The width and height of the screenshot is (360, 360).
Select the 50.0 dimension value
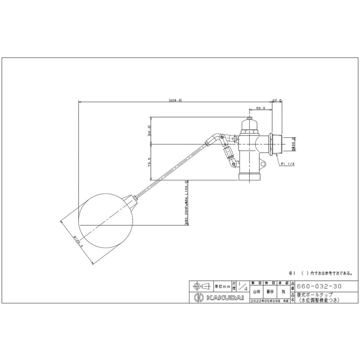[260, 108]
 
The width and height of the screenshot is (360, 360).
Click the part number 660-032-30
[316, 286]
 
